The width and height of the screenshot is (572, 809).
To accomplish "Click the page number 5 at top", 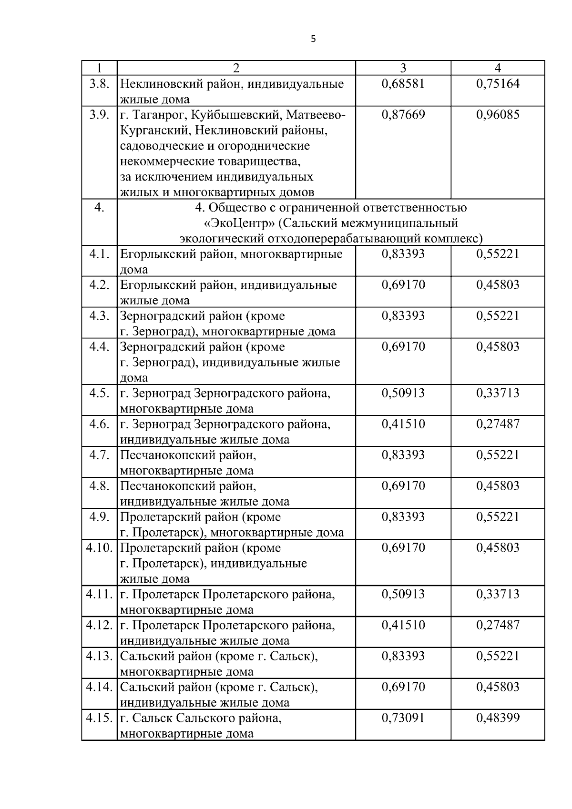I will point(313,40).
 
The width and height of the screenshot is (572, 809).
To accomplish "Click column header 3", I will point(403,68).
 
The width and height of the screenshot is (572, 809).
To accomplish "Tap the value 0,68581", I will point(403,84).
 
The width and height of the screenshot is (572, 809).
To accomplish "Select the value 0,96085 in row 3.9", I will point(498,115).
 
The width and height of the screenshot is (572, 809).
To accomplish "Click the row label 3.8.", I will point(99,84).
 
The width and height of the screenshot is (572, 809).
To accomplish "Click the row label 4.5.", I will point(99,393).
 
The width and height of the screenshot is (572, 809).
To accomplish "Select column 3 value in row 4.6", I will point(403,424).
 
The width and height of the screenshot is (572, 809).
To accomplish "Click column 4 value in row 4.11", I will point(498,594).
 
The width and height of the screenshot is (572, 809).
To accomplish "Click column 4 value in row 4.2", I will point(498,285).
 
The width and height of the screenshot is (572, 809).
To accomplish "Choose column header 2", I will point(236,68).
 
